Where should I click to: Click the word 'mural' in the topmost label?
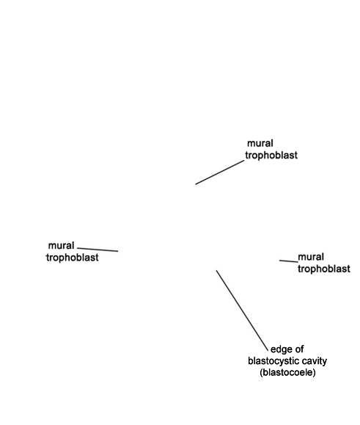point(260,143)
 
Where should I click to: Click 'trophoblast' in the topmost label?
point(271,156)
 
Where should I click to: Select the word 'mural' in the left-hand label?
point(61,246)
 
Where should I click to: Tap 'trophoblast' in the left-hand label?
point(73,258)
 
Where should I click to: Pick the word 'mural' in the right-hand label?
point(311,257)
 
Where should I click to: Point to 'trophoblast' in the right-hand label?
point(324,269)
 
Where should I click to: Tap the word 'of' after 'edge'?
point(299,349)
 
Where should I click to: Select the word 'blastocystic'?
point(273,361)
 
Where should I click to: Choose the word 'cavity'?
point(315,361)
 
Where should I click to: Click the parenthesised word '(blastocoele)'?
point(287,372)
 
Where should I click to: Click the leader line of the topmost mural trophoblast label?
point(220,172)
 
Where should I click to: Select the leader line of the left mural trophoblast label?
point(98,250)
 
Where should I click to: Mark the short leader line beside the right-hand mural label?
point(289,261)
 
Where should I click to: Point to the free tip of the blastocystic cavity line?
point(216,270)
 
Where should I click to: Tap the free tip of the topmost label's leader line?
point(196,184)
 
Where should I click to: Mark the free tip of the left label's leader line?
point(118,251)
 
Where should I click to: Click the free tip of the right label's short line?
point(279,261)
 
